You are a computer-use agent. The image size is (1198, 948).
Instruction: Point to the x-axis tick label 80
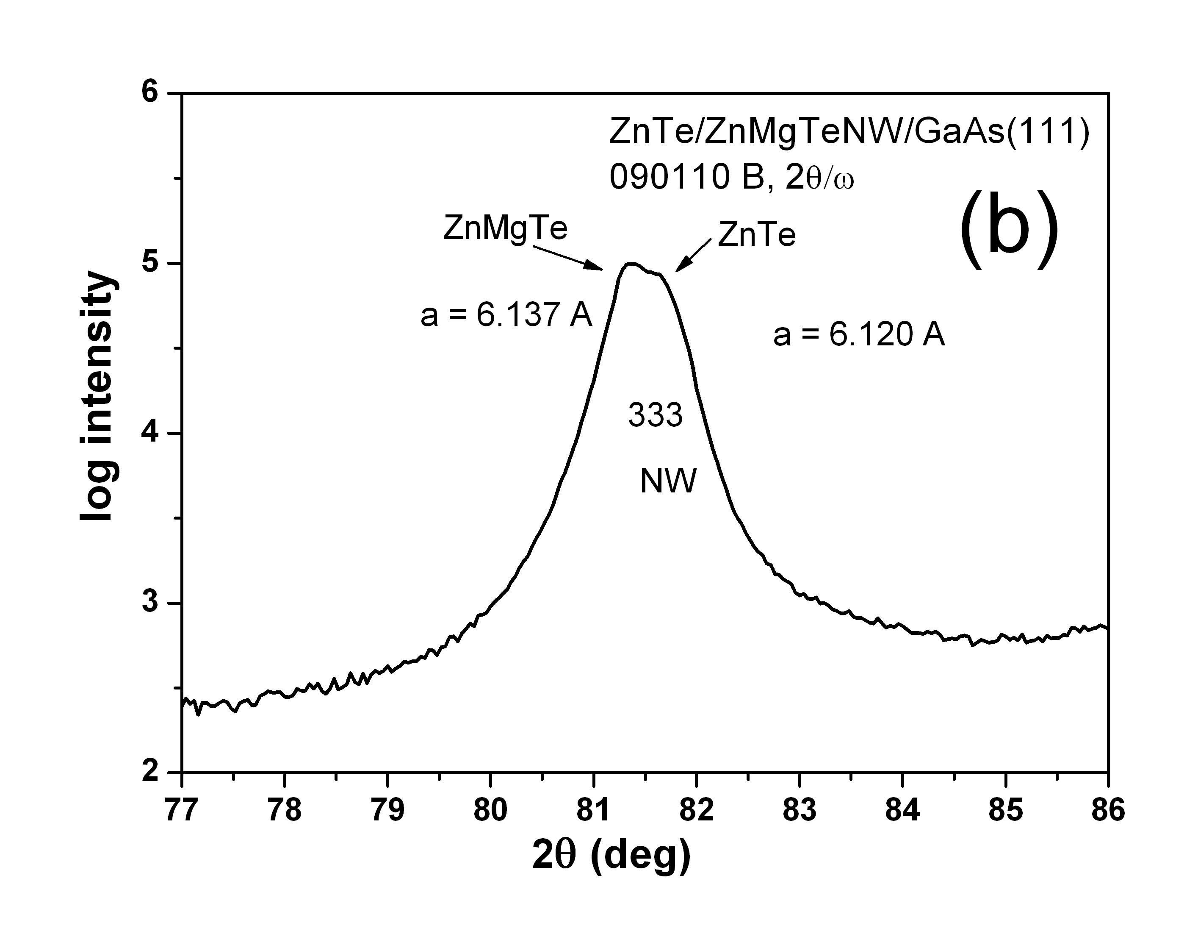(490, 810)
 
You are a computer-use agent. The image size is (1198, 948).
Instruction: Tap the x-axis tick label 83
(799, 810)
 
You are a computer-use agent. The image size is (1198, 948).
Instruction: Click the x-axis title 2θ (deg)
(612, 856)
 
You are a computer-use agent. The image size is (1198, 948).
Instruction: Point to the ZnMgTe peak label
(505, 228)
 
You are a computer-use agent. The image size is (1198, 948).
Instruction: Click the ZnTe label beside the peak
(756, 235)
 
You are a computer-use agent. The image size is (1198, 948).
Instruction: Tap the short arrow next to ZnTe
(693, 255)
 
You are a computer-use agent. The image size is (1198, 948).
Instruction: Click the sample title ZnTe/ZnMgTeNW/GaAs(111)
(849, 133)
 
